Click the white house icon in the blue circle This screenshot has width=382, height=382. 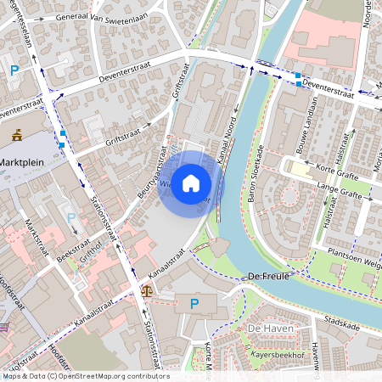[x=191, y=183]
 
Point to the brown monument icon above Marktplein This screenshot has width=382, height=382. [x=17, y=133]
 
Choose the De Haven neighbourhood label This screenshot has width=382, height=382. [x=265, y=328]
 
